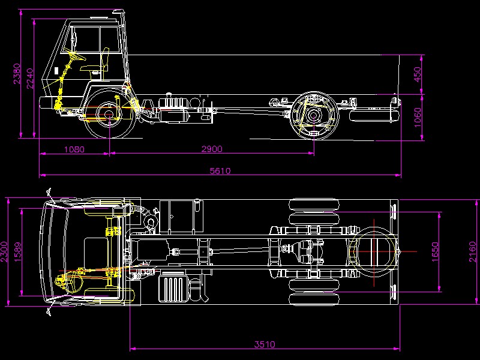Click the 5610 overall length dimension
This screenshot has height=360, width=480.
coord(220,170)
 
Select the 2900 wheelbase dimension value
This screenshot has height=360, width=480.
coord(212,149)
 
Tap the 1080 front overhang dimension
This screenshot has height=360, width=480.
coord(74,149)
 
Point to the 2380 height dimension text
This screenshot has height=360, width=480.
coord(17,73)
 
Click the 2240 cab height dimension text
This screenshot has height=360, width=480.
coord(29,79)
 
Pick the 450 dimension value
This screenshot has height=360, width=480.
coord(417,74)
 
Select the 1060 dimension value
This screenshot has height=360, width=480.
coord(418,118)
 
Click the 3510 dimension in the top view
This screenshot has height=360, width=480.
coord(265,344)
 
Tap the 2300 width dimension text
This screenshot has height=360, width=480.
coord(4,252)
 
